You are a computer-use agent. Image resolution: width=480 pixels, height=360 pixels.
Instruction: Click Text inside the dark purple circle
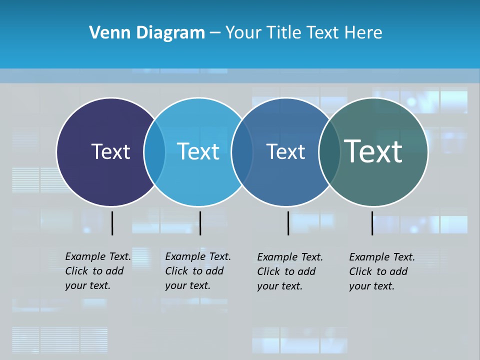110,151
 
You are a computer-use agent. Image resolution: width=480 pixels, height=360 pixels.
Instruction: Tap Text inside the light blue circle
198,151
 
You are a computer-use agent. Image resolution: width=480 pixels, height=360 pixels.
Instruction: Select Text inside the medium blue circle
285,151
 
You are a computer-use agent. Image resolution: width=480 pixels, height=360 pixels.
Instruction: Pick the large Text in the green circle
373,151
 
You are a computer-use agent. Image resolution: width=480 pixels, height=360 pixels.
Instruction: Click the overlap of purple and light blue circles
154,152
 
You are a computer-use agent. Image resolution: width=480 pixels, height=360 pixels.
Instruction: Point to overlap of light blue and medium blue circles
242,152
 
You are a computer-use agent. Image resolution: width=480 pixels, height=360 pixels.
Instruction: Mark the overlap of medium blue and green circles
328,152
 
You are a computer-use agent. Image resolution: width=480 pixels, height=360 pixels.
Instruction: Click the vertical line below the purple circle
112,223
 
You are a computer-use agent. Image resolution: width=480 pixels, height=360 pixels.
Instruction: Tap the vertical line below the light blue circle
200,223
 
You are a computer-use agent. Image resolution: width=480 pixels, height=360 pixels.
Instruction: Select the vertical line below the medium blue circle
288,223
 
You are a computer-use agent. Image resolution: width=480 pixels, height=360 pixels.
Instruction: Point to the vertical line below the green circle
372,223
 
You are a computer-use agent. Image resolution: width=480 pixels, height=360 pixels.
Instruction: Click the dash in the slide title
215,33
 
